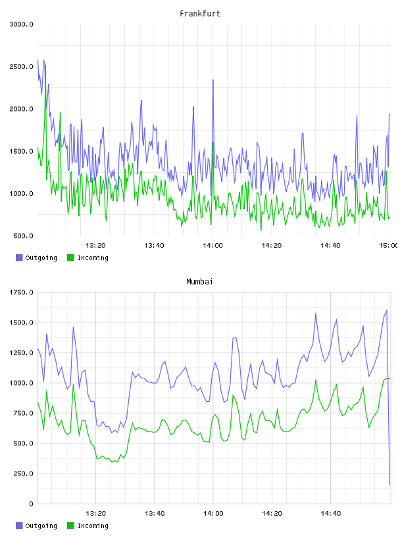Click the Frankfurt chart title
pyautogui.click(x=200, y=14)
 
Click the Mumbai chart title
pyautogui.click(x=199, y=282)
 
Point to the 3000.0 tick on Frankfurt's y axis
pyautogui.click(x=21, y=24)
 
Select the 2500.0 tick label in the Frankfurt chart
pyautogui.click(x=21, y=66)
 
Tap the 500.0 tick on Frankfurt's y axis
pyautogui.click(x=23, y=236)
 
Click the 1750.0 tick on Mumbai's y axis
pyautogui.click(x=21, y=292)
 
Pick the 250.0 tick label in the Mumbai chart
pyautogui.click(x=23, y=474)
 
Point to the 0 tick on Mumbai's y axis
pyautogui.click(x=31, y=504)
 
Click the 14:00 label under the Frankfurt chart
pyautogui.click(x=213, y=245)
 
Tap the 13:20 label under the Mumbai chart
pyautogui.click(x=95, y=513)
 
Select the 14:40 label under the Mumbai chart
pyautogui.click(x=330, y=513)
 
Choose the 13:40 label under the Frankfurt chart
pyautogui.click(x=154, y=245)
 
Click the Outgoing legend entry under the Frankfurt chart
pyautogui.click(x=36, y=257)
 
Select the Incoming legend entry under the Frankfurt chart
pyautogui.click(x=88, y=257)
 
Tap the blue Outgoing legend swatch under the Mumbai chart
pyautogui.click(x=19, y=525)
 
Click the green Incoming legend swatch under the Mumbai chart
pyautogui.click(x=70, y=525)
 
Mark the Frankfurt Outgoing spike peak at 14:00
pyautogui.click(x=213, y=80)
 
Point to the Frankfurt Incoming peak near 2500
pyautogui.click(x=45, y=65)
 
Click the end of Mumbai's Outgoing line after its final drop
pyautogui.click(x=389, y=484)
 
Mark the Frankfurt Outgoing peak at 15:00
pyautogui.click(x=389, y=114)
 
